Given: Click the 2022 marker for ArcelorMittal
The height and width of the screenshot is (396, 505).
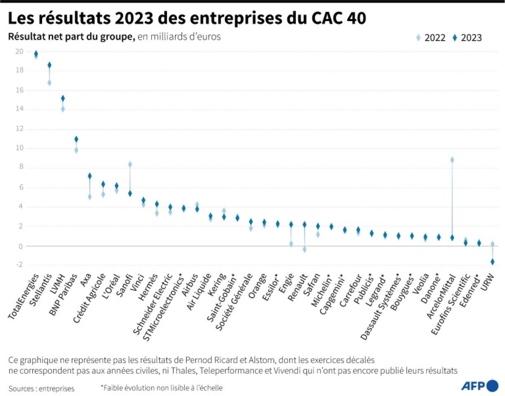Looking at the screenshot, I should coord(452,160).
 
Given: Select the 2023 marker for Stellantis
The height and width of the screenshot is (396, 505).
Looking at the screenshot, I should coord(50,65).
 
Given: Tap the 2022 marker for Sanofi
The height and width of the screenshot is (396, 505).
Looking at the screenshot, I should coord(130,165).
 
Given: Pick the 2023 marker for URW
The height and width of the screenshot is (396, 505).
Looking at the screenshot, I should coord(492,262).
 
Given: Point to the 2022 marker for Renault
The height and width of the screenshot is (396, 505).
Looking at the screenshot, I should coord(304,249).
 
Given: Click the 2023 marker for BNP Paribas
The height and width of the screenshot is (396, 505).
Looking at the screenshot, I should coord(76,139).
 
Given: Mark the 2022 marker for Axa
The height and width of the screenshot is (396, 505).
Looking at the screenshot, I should coord(90,197).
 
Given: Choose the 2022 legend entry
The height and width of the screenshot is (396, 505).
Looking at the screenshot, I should coord(431,38).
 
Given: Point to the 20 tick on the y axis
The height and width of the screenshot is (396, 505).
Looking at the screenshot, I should coord(19,52).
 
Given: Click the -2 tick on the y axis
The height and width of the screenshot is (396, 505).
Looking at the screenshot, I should coord(19,265).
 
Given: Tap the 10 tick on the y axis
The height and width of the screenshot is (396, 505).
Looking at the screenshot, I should coord(19,148).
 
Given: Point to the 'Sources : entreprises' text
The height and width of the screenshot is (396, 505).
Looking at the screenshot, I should coord(41,388).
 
